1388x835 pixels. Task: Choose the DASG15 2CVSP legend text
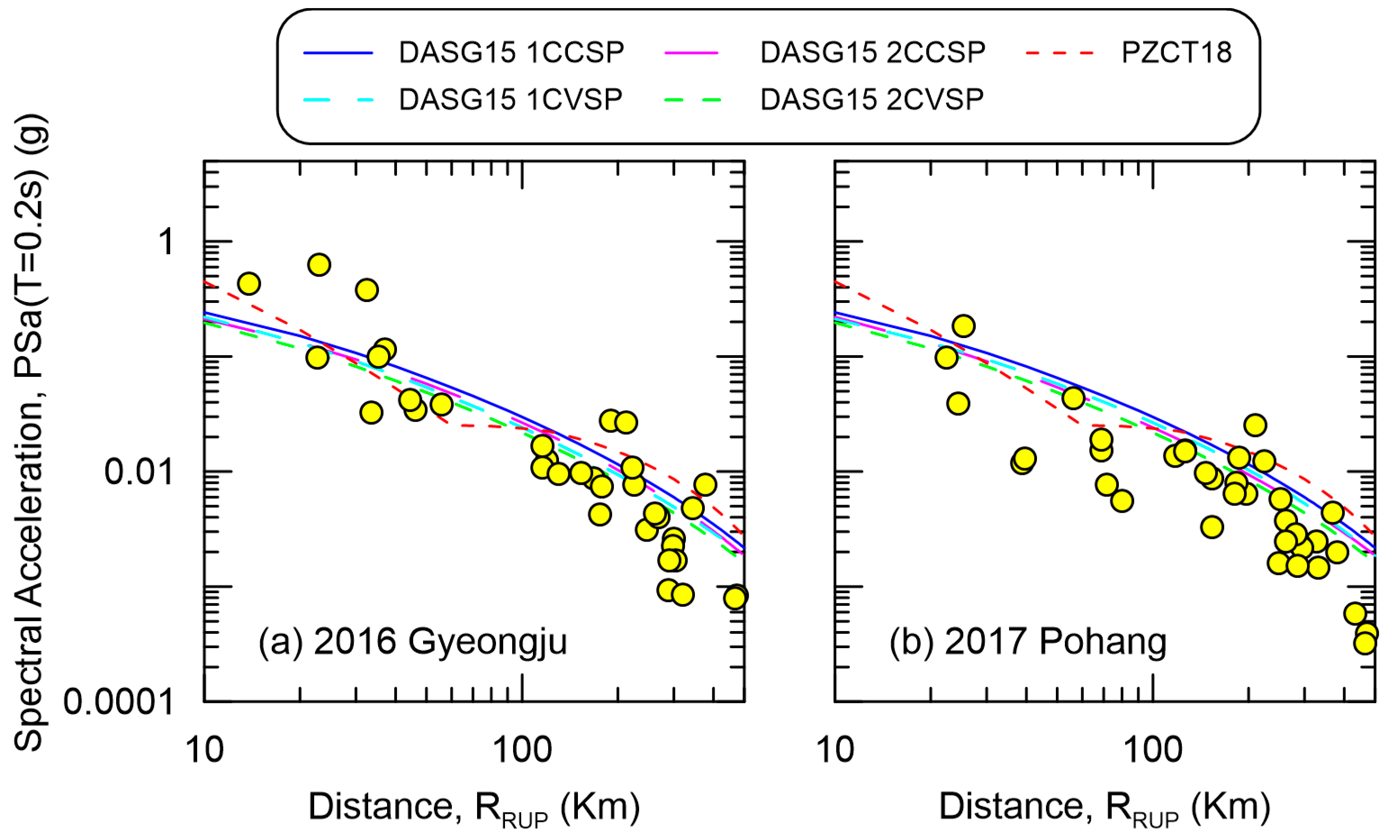coord(872,99)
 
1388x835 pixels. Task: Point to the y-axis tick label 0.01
coord(138,472)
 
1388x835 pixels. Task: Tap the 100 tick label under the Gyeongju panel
coord(523,750)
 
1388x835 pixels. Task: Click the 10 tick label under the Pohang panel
coord(834,750)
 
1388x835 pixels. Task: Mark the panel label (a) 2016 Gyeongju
coord(412,641)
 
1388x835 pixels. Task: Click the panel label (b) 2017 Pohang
coord(1027,641)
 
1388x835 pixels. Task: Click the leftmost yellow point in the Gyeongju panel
coord(248,284)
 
